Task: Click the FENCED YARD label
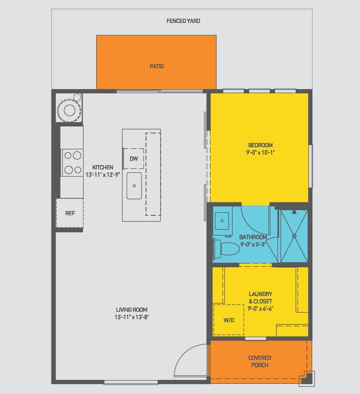[183, 21]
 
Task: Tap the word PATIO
[157, 66]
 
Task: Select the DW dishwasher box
[133, 159]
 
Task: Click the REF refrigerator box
[70, 213]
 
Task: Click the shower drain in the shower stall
[294, 235]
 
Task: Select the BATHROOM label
[253, 237]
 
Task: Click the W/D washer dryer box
[228, 320]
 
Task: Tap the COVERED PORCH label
[259, 361]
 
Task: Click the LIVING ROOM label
[132, 310]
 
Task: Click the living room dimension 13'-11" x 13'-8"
[132, 317]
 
